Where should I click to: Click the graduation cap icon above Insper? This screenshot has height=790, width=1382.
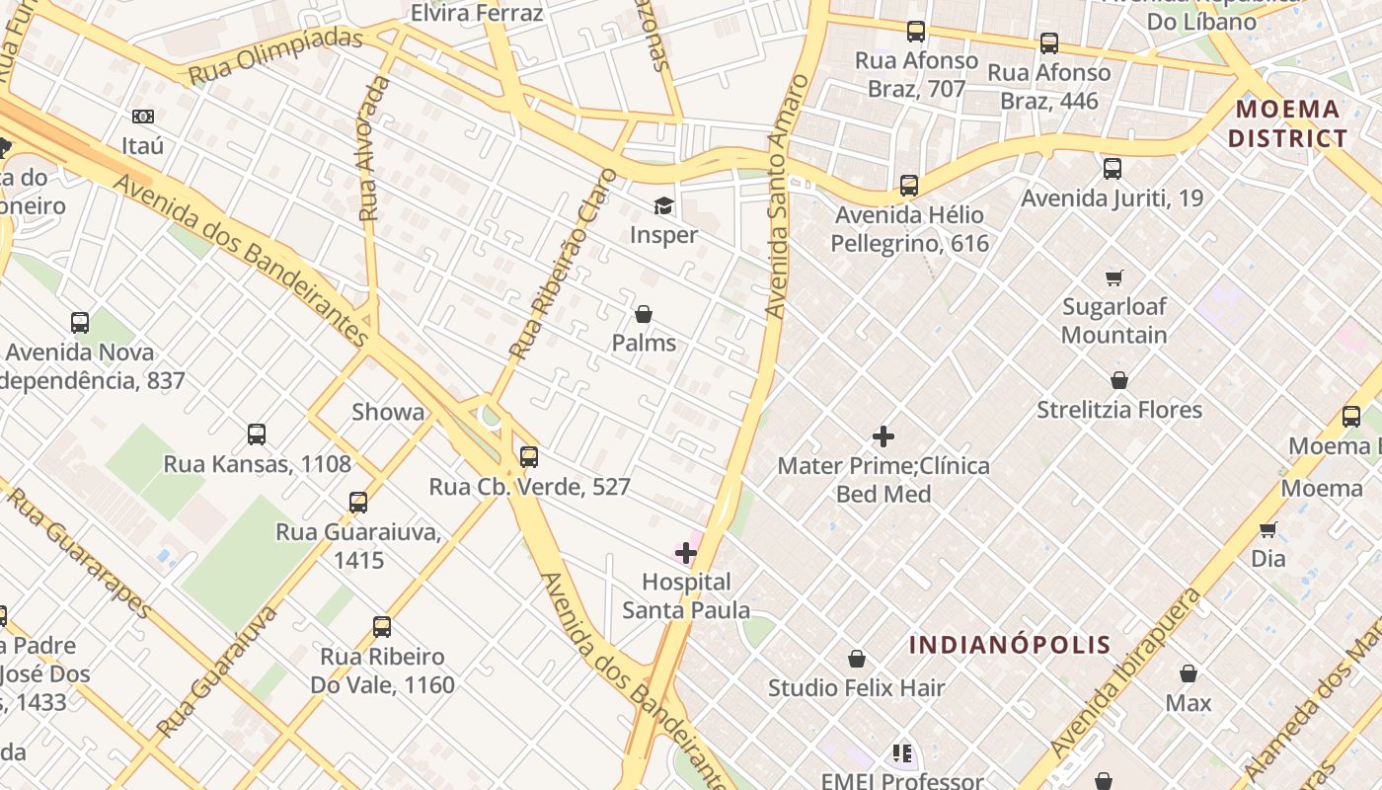point(663,205)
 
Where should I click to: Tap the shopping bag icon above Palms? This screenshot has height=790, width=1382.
point(644,314)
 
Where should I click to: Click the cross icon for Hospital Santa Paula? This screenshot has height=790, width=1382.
point(686,552)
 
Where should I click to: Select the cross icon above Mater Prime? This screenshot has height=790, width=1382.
point(883,435)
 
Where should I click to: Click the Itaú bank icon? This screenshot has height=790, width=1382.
point(143,117)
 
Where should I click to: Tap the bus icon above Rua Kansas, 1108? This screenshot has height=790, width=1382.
point(257,434)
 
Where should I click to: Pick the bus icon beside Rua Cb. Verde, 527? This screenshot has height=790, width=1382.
point(529,456)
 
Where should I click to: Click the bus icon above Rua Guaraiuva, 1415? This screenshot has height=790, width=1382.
point(358,502)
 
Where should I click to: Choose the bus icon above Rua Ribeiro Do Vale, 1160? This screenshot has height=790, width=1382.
point(382,626)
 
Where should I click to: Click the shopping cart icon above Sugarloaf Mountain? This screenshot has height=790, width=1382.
point(1114,277)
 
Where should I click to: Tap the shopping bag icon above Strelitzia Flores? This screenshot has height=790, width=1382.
point(1119,380)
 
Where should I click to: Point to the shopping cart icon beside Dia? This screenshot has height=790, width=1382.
point(1268,529)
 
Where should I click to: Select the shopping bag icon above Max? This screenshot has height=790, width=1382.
point(1189,673)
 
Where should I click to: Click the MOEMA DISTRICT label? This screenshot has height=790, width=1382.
point(1287,123)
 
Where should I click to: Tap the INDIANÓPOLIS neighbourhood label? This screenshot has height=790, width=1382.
point(1010,645)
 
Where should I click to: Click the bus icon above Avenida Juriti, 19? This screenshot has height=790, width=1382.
point(1113,168)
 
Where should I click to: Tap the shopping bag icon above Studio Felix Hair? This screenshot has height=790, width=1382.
point(857,659)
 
